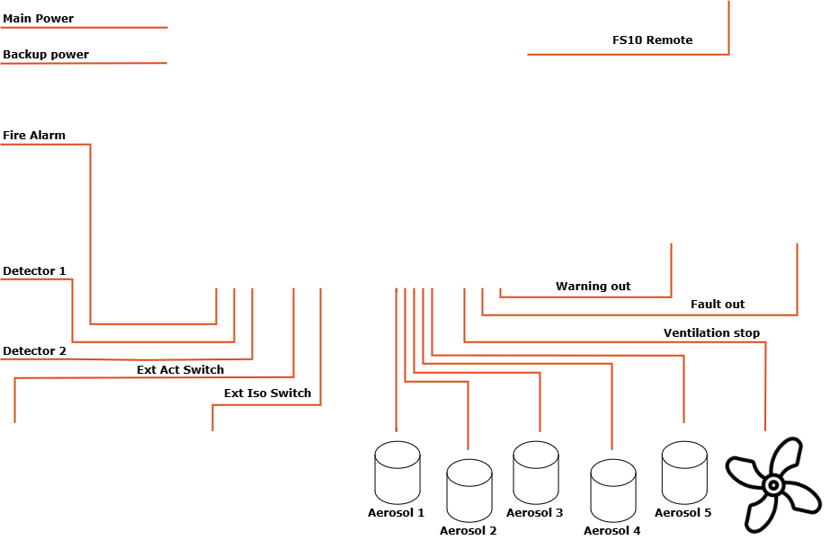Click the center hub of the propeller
tap(773, 485)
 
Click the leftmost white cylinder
tap(397, 473)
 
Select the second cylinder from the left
tap(469, 491)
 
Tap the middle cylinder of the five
tap(536, 473)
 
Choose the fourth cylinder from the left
tap(613, 491)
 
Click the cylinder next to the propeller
tap(684, 473)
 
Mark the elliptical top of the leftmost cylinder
tap(397, 455)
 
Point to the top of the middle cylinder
tap(536, 455)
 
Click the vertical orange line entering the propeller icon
tap(765, 395)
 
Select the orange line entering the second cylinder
tap(468, 422)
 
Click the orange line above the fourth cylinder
tap(611, 413)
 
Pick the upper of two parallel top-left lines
tap(84, 28)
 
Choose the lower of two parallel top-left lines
tap(84, 64)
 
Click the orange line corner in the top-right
tap(728, 54)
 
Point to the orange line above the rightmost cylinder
tap(683, 395)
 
